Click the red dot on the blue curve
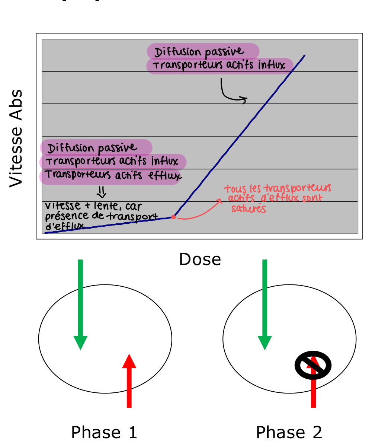pos(173,217)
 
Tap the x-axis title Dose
pos(200,259)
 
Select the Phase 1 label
pos(104,433)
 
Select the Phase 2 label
pos(289,433)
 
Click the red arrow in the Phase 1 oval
pos(129,380)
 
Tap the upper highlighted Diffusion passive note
pos(203,51)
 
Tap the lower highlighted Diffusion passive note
pos(96,148)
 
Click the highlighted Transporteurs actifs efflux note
pos(110,175)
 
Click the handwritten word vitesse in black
pos(58,206)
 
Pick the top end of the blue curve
pos(304,56)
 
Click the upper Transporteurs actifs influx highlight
pos(219,66)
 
